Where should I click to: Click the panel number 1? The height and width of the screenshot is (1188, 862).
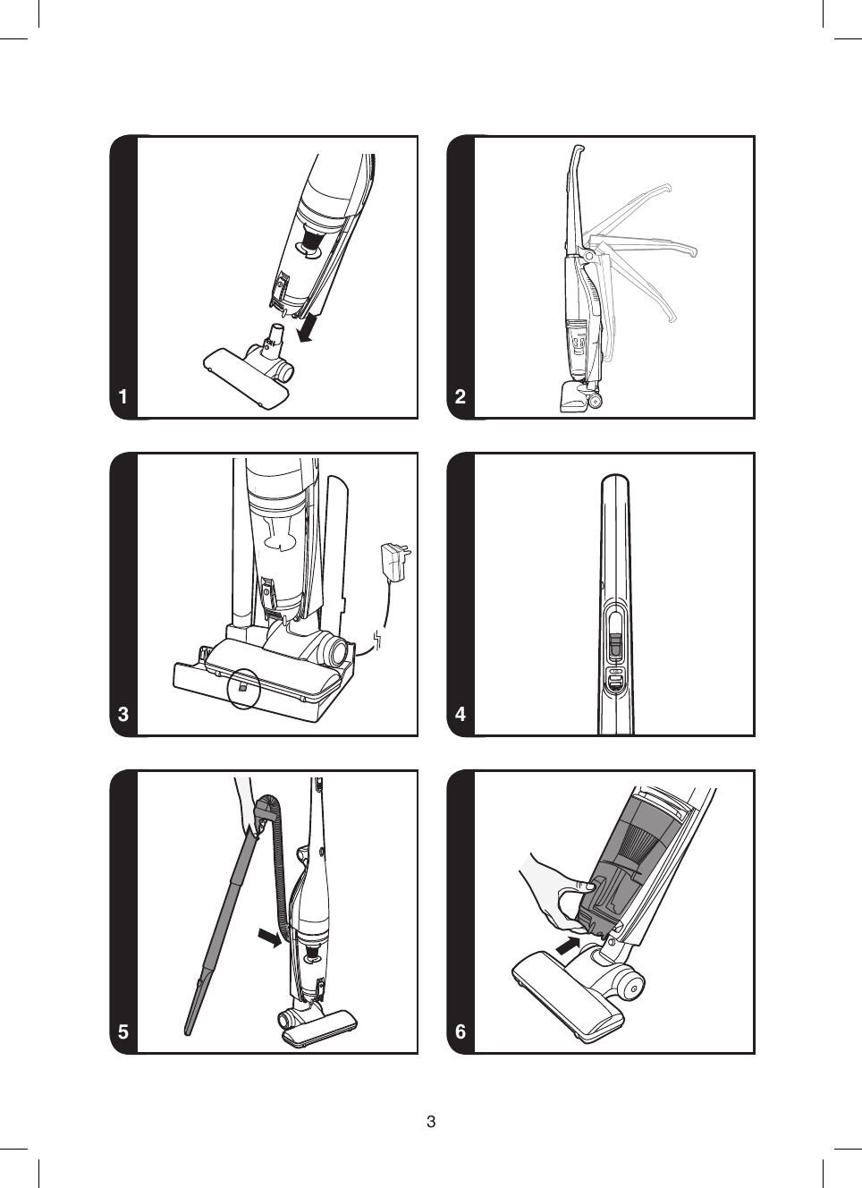(123, 396)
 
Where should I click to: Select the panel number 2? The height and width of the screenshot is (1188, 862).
(461, 396)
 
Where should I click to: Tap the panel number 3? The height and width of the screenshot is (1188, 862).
(123, 714)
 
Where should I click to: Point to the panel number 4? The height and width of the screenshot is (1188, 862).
(461, 714)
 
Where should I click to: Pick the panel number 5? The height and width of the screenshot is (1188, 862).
(123, 1031)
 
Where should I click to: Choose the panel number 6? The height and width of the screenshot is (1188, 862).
(461, 1031)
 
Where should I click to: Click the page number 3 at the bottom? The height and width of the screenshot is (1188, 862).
(431, 1122)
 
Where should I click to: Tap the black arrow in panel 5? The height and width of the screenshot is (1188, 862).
(268, 937)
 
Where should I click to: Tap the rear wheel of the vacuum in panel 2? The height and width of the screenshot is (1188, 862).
(594, 400)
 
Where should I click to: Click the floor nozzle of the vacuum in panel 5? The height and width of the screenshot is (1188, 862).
(318, 1027)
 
